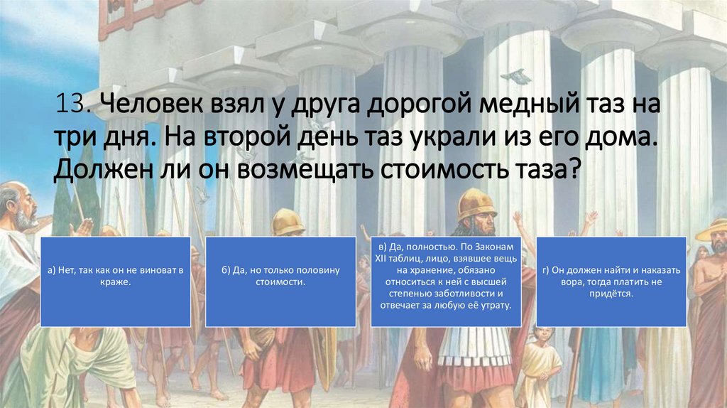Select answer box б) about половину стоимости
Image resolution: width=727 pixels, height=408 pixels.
point(280,281)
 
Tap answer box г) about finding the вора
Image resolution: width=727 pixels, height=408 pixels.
point(611,281)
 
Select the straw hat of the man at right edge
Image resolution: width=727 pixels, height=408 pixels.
point(712,230)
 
